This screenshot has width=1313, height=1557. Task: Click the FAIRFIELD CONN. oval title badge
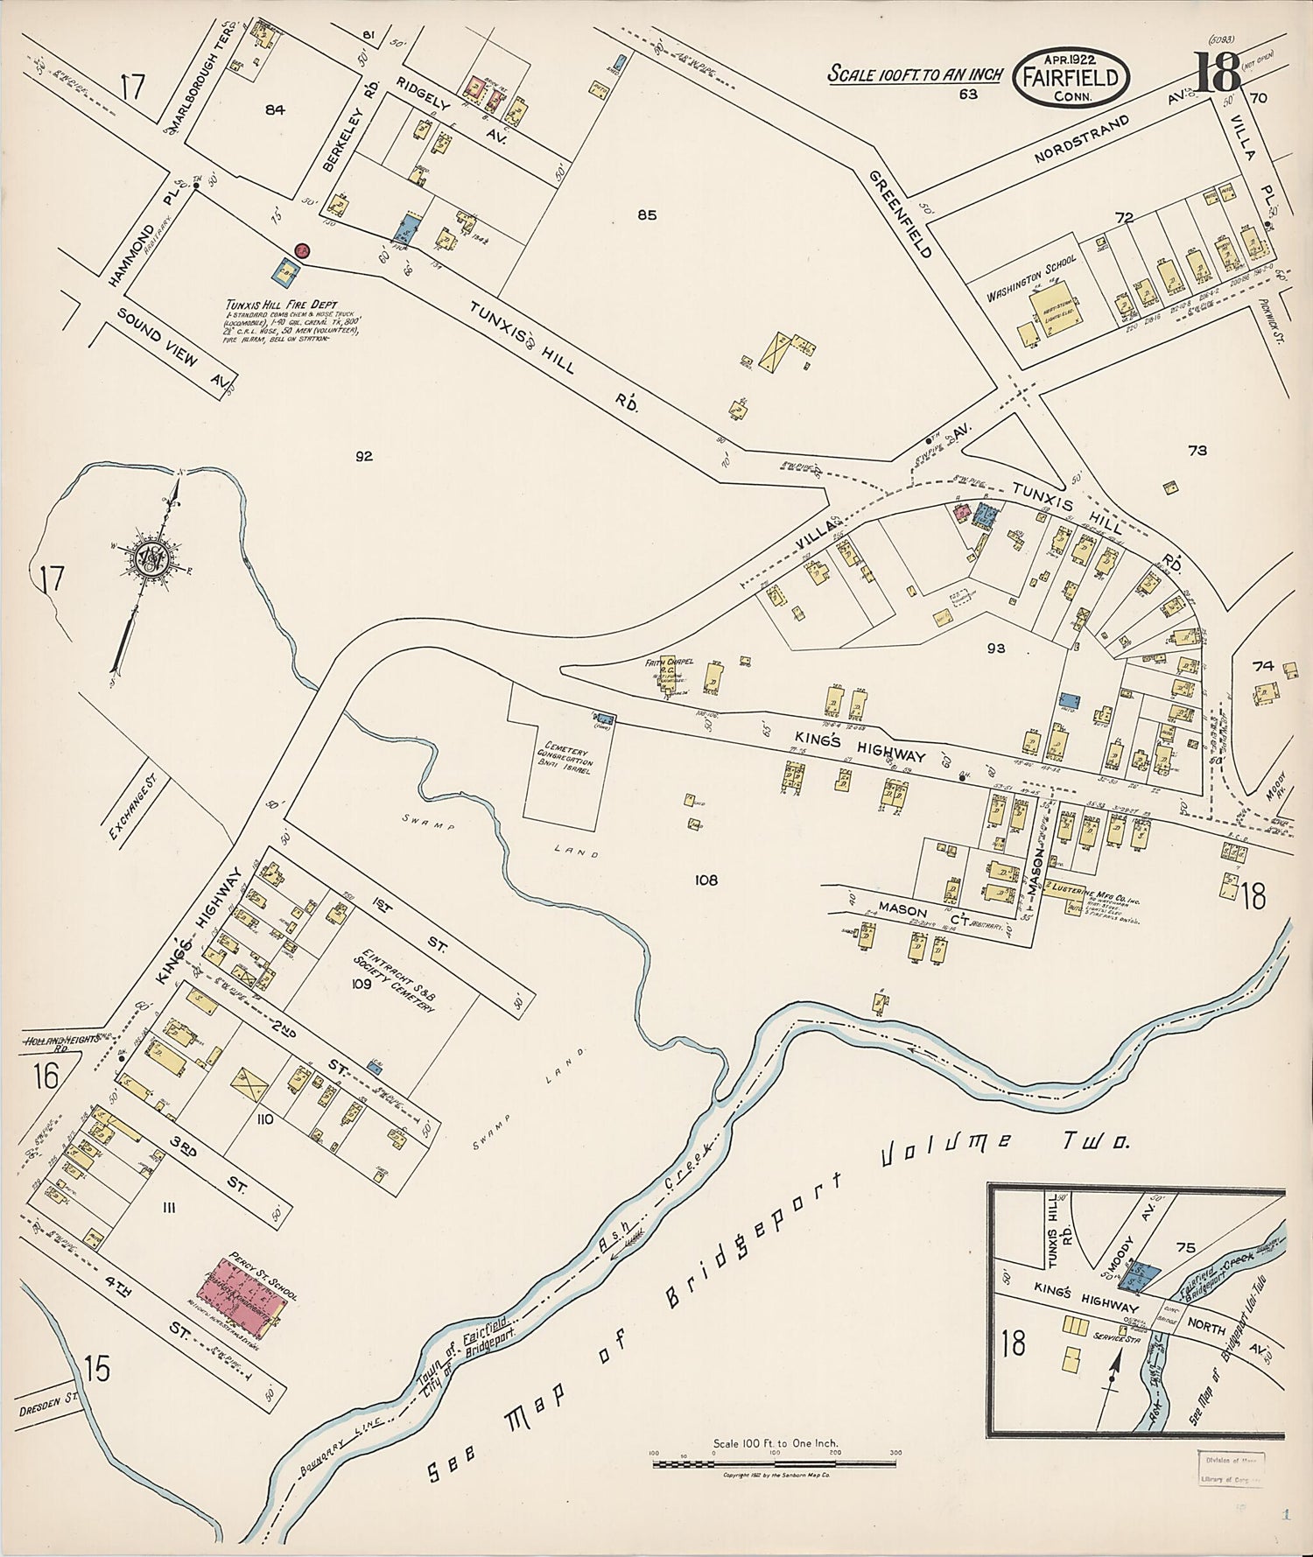[1071, 76]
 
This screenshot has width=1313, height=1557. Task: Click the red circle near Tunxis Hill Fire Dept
[302, 250]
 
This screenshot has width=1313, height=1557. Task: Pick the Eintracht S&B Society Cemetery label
[395, 979]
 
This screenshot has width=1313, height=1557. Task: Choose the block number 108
[706, 880]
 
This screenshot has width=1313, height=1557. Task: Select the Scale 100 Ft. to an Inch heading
[915, 74]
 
